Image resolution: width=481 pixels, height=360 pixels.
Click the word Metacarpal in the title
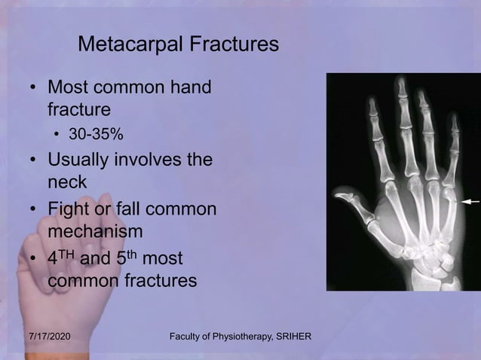(124, 44)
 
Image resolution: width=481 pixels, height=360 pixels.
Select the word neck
(67, 182)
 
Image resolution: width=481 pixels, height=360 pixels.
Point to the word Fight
(69, 208)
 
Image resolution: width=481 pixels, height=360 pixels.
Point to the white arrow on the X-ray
(471, 202)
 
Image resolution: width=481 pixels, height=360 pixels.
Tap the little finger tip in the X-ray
(454, 119)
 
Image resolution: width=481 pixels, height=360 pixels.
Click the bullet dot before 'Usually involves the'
(33, 161)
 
